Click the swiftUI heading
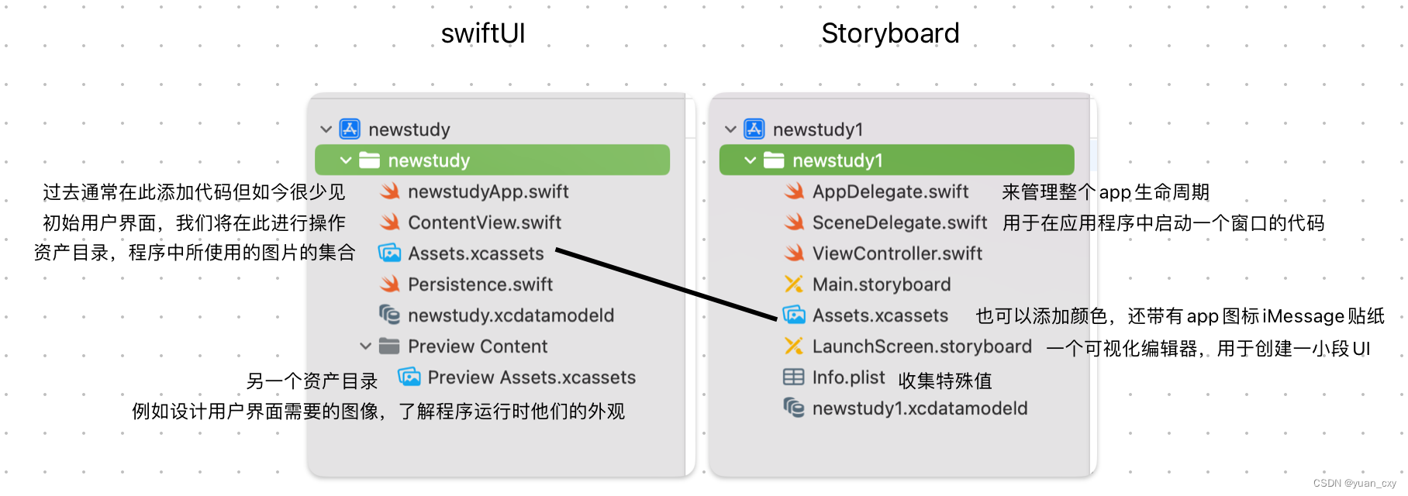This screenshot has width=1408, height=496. click(x=483, y=33)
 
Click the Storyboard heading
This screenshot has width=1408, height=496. click(x=890, y=33)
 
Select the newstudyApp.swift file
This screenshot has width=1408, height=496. click(x=488, y=191)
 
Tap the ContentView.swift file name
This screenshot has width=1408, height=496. click(x=484, y=222)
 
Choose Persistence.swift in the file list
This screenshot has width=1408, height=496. click(x=480, y=284)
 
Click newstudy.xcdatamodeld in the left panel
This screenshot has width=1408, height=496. click(x=510, y=315)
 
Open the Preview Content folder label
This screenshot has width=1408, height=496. click(x=477, y=346)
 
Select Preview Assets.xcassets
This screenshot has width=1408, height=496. click(x=531, y=377)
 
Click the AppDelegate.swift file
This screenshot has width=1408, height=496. click(x=890, y=191)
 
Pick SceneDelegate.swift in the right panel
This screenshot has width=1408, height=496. click(x=899, y=222)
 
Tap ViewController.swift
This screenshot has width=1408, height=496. click(x=897, y=253)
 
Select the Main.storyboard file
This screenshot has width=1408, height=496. click(x=881, y=284)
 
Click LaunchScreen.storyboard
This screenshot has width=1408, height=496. click(x=922, y=346)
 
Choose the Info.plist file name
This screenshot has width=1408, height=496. click(x=848, y=377)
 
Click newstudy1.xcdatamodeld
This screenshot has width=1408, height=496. click(x=920, y=408)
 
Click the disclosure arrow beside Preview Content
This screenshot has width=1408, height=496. click(x=365, y=346)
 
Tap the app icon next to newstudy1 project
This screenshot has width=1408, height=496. click(x=754, y=129)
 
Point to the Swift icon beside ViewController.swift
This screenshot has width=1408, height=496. click(x=794, y=253)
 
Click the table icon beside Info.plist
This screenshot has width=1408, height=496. click(x=793, y=377)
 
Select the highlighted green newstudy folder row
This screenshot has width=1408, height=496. click(x=492, y=160)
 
